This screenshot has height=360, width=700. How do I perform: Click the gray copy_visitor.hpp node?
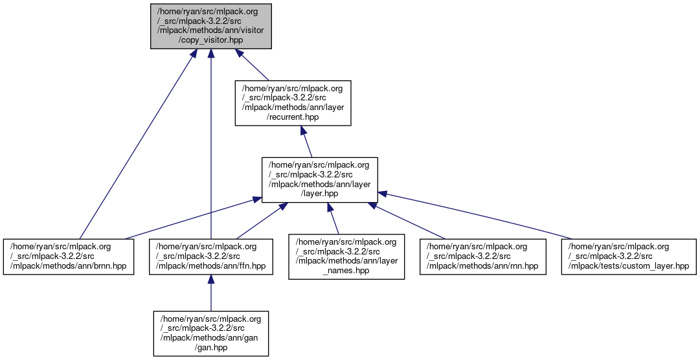[x=210, y=26]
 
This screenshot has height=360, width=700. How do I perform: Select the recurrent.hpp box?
[x=293, y=102]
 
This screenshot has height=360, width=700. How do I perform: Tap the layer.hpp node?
[x=319, y=179]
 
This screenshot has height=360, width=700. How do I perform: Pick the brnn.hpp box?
[x=69, y=257]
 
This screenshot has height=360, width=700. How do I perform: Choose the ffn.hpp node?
[x=211, y=257]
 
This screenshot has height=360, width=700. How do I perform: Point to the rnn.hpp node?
[x=482, y=257]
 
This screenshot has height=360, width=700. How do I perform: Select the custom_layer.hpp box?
[x=628, y=257]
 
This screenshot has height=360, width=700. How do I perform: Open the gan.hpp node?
[x=211, y=333]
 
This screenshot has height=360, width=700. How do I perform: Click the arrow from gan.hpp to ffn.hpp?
[x=211, y=295]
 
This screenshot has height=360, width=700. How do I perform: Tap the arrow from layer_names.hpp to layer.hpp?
[x=333, y=219]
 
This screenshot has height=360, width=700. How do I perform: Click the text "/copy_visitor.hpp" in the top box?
[x=210, y=39]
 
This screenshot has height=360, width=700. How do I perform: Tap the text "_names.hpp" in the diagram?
[x=346, y=271]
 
